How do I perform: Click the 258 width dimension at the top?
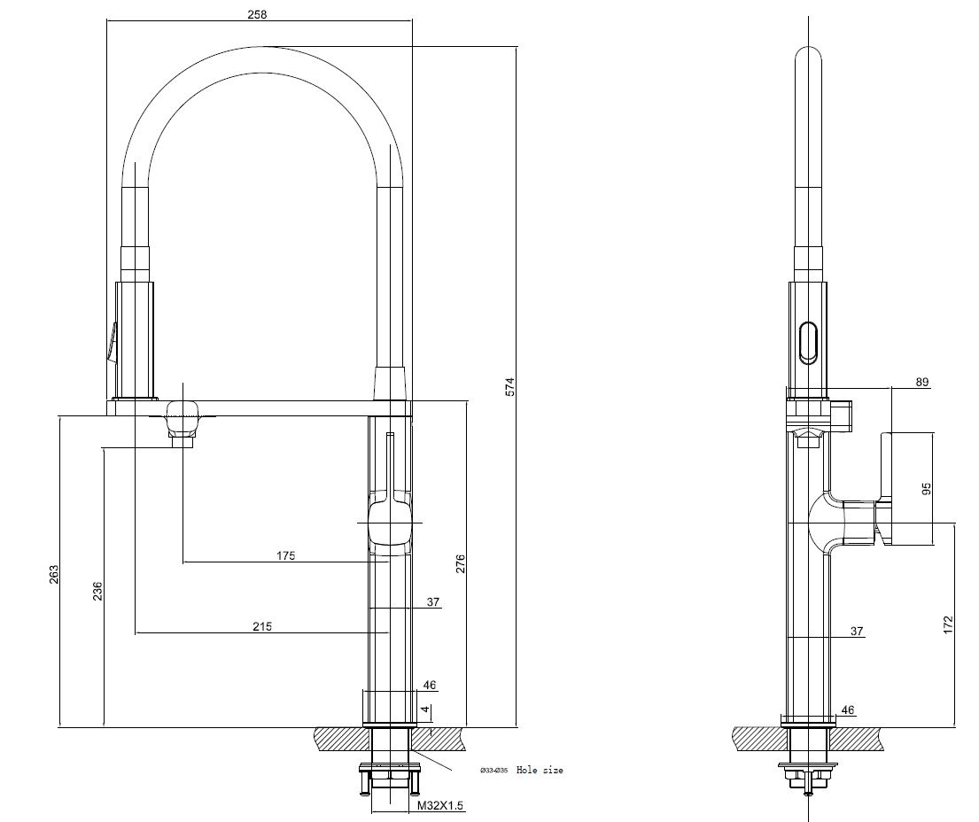(258, 14)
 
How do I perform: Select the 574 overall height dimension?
(509, 387)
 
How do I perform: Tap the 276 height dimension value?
(460, 564)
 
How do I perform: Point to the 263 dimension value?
(53, 573)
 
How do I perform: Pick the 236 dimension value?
(97, 590)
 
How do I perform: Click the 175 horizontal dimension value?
(285, 556)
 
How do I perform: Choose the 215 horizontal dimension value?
(261, 626)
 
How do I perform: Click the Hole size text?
(540, 771)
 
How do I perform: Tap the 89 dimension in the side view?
(922, 382)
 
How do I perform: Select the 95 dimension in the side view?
(927, 489)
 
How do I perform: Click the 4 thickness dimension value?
(425, 710)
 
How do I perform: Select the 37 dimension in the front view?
(433, 602)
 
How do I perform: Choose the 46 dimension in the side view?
(847, 710)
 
